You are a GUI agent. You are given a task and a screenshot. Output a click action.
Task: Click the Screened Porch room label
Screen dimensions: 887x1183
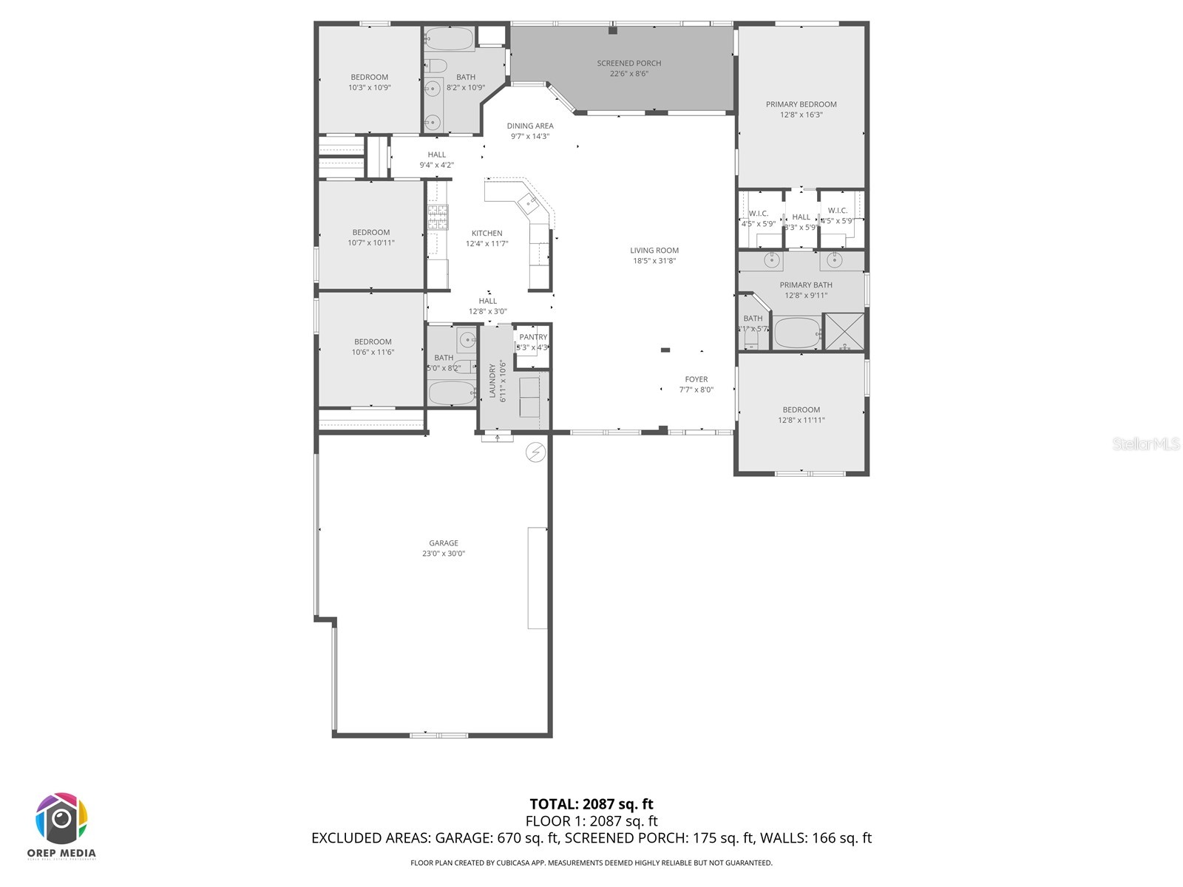point(628,64)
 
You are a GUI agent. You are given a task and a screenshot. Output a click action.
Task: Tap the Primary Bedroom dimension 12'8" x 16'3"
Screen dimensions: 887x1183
point(801,115)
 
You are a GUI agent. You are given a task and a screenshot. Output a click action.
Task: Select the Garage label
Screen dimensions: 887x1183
point(444,543)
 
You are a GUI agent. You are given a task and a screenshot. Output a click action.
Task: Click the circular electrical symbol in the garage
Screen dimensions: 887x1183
point(535,452)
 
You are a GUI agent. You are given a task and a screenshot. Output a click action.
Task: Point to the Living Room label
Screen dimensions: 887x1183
point(654,251)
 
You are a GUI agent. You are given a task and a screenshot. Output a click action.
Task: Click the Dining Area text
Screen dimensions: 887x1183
point(530,126)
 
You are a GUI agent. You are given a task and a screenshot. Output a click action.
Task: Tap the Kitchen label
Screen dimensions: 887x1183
point(487,234)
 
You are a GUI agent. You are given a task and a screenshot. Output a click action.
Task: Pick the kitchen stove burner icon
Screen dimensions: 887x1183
point(438,218)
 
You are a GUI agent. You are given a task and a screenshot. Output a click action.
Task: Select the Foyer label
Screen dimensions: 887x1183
point(696,379)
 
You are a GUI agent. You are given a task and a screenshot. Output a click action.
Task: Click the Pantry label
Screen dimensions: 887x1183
point(533,337)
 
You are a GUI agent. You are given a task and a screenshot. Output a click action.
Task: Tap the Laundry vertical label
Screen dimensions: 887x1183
point(492,381)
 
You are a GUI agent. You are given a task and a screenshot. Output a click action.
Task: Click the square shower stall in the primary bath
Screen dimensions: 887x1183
point(844,331)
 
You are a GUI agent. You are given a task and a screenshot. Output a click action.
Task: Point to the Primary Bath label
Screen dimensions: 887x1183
point(805,285)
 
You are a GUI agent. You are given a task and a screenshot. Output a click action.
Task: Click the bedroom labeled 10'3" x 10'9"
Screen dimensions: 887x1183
point(369,82)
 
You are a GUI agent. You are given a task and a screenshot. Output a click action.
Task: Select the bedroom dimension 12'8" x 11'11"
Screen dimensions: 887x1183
point(801,420)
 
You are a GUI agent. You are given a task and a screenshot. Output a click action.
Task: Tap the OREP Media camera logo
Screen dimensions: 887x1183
point(62,819)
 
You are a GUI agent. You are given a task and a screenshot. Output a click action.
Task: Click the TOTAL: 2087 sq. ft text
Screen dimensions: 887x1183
point(591,804)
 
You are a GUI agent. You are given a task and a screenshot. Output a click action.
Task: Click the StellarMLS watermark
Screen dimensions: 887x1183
point(1145,443)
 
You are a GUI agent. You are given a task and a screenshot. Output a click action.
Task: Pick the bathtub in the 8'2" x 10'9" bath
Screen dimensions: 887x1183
point(450,39)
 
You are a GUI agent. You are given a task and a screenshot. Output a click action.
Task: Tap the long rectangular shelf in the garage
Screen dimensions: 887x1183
point(538,578)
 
